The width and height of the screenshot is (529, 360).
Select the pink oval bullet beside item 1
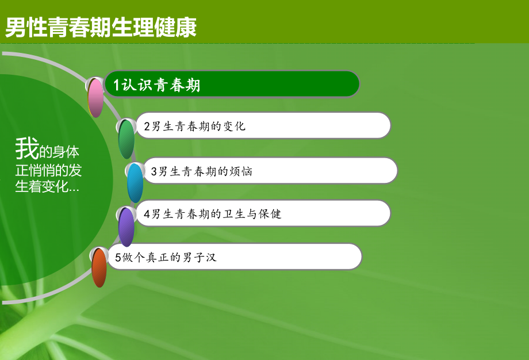95,98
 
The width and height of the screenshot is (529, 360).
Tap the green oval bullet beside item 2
126,139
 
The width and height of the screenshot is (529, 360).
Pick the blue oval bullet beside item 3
135,182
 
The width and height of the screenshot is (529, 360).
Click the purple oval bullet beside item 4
126,227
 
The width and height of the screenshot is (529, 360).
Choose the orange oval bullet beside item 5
99,267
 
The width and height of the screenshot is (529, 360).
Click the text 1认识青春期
157,85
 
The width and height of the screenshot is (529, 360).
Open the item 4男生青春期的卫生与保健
212,214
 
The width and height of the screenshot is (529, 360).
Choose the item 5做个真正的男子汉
165,257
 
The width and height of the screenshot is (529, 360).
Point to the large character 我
26,149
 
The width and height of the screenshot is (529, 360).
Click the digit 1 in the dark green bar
116,85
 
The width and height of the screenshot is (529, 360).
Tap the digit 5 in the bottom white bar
118,258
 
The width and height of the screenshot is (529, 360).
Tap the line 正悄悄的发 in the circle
48,170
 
